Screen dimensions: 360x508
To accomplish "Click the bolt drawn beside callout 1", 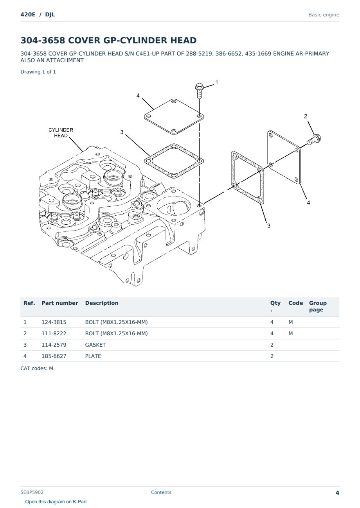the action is pyautogui.click(x=199, y=90).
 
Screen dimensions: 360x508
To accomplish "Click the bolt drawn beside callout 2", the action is pyautogui.click(x=314, y=140).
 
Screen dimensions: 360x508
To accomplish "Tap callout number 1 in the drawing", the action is pyautogui.click(x=217, y=82).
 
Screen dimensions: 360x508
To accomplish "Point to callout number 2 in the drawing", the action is pyautogui.click(x=306, y=116).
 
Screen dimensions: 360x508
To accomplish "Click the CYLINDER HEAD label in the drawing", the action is pyautogui.click(x=61, y=133).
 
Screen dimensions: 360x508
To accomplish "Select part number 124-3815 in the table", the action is pyautogui.click(x=54, y=322).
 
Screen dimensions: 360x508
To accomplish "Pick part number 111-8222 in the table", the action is pyautogui.click(x=54, y=333).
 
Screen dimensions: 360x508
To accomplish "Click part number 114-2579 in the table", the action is pyautogui.click(x=54, y=345).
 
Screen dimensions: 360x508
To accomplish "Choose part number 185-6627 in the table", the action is pyautogui.click(x=54, y=356).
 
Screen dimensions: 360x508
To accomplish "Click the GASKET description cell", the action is pyautogui.click(x=95, y=345).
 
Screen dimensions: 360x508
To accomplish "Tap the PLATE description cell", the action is pyautogui.click(x=93, y=356).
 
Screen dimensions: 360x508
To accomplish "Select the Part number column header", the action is pyautogui.click(x=60, y=303).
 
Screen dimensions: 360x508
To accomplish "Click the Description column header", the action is pyautogui.click(x=102, y=303).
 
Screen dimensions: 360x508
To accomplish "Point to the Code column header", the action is pyautogui.click(x=295, y=303).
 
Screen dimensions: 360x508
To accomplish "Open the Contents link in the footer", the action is pyautogui.click(x=161, y=492).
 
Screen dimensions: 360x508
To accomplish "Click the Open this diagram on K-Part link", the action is pyautogui.click(x=56, y=502).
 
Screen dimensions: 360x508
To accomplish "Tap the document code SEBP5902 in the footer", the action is pyautogui.click(x=32, y=492).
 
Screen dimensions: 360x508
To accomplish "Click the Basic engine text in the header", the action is pyautogui.click(x=324, y=15).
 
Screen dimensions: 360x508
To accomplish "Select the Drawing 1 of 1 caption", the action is pyautogui.click(x=38, y=72).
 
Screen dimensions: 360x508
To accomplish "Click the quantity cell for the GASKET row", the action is pyautogui.click(x=272, y=345).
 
